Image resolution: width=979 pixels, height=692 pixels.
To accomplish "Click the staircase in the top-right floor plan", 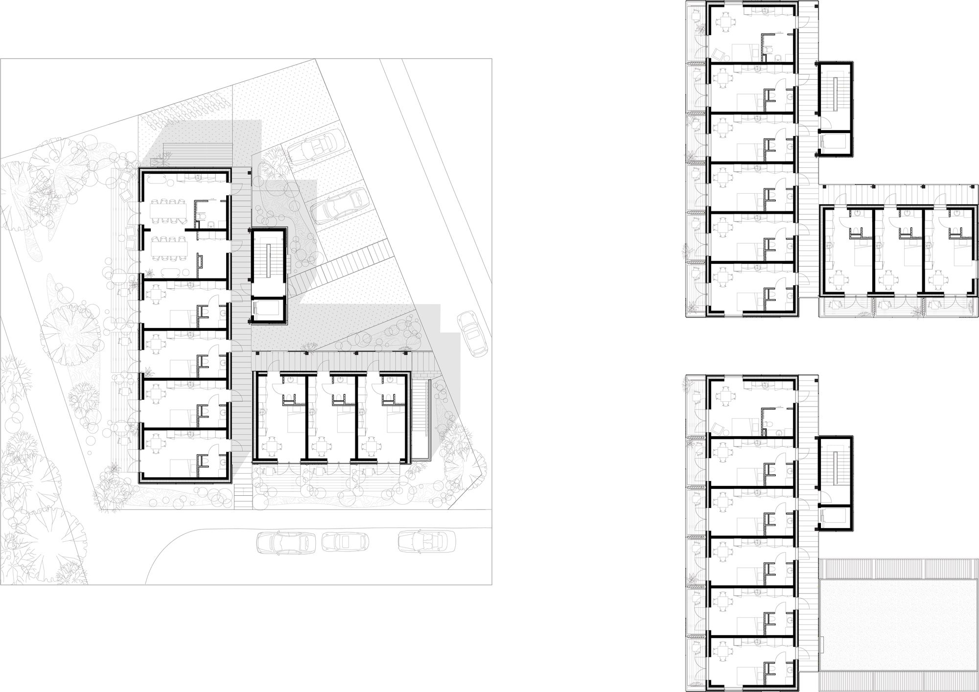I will (x=836, y=95).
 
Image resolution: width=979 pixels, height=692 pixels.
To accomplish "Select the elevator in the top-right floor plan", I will (x=836, y=142).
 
